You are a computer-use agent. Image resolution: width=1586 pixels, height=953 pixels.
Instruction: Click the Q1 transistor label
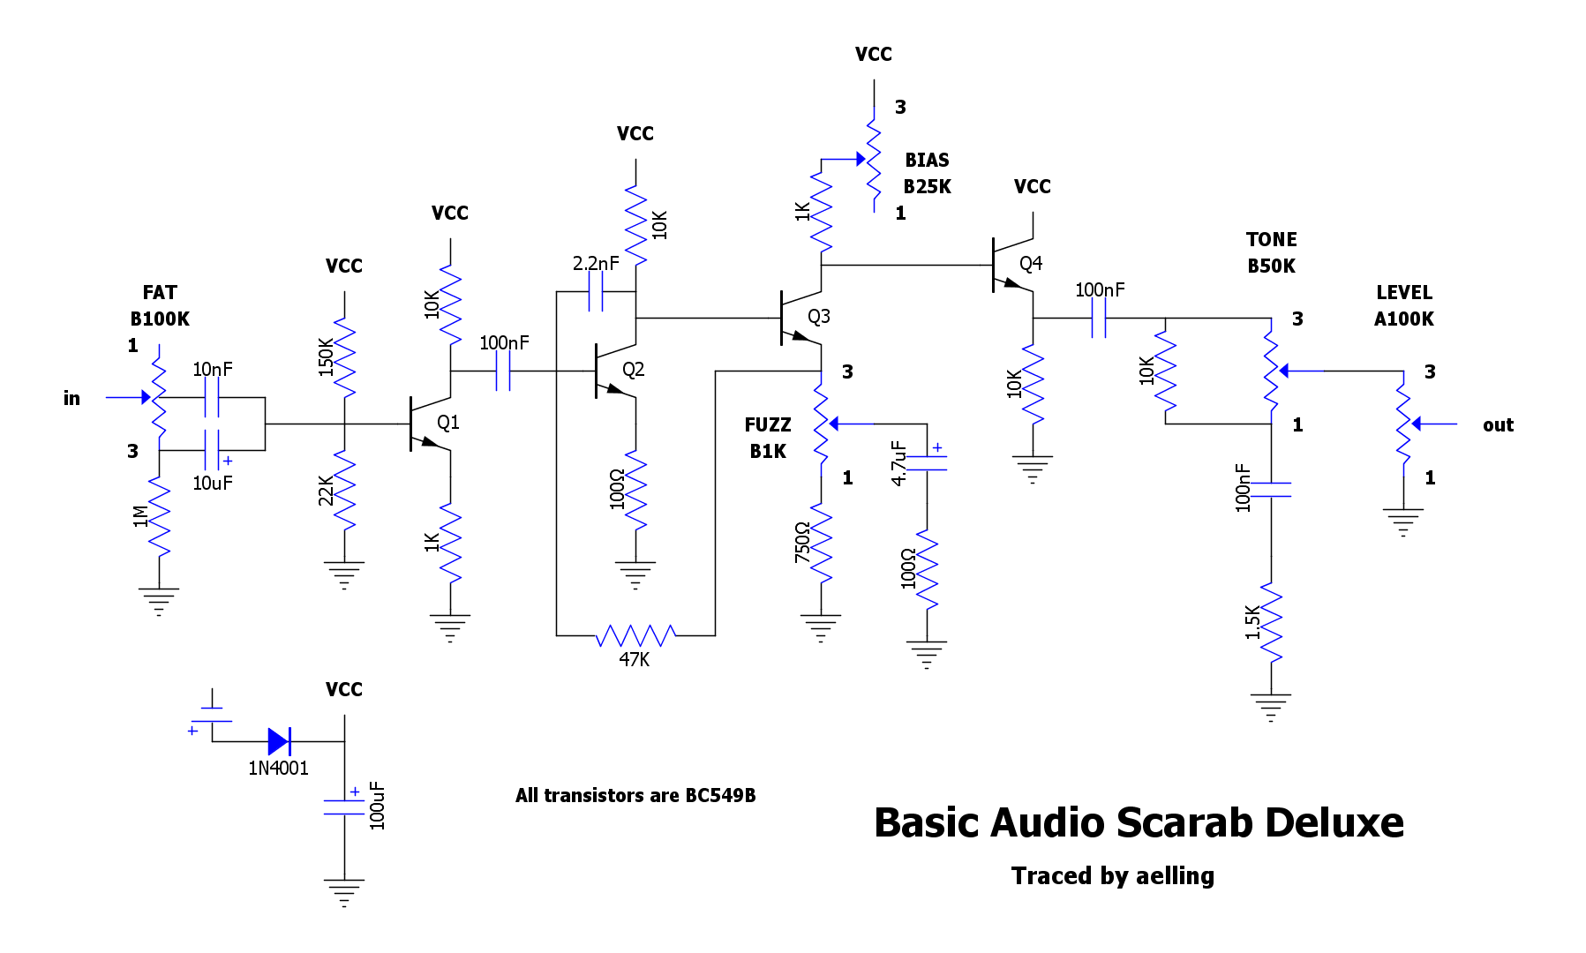point(447,423)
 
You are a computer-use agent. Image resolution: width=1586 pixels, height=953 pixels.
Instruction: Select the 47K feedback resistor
point(635,635)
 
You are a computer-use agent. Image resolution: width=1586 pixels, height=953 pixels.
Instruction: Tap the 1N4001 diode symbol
point(279,741)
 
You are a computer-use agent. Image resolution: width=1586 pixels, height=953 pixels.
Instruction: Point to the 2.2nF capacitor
point(596,291)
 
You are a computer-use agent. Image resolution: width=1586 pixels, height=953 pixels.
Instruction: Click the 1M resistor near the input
point(159,516)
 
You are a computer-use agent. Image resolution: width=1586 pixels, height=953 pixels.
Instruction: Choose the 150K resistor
point(344,357)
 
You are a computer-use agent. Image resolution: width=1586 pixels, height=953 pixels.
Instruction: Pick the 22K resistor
point(344,490)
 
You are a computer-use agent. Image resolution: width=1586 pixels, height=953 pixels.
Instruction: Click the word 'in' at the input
point(71,398)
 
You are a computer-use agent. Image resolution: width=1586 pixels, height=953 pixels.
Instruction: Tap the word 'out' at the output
point(1498,424)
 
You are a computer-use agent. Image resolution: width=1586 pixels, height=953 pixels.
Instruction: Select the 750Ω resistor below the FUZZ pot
point(821,543)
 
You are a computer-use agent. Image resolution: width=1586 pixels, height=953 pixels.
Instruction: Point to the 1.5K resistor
point(1271,622)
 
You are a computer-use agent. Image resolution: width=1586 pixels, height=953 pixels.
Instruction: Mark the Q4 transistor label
point(1030,263)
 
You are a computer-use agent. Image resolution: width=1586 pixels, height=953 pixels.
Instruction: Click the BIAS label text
point(927,160)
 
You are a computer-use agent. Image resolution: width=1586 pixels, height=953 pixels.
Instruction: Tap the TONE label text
point(1271,239)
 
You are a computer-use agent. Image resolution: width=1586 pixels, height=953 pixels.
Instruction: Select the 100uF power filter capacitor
point(344,807)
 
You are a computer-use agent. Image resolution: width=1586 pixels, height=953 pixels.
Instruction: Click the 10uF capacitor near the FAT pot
point(212,450)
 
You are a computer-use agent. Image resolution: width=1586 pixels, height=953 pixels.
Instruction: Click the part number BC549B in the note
point(720,795)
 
